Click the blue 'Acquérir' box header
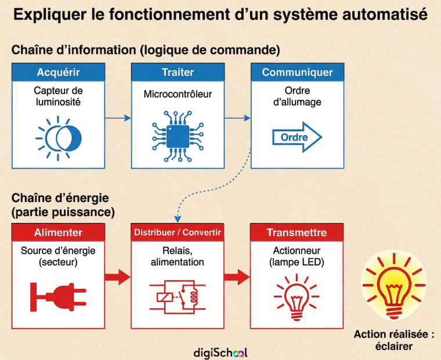tap(59, 73)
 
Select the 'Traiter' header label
tap(178, 73)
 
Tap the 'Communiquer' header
tap(297, 73)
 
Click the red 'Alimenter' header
tap(59, 233)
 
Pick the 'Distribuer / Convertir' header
tap(178, 233)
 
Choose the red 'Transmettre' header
tap(297, 233)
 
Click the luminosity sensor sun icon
tap(58, 138)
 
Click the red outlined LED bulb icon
tap(297, 295)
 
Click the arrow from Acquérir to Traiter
tap(118, 118)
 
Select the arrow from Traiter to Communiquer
tap(237, 118)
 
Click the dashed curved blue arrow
tap(215, 186)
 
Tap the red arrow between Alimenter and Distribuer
tap(118, 276)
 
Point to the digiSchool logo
tap(220, 352)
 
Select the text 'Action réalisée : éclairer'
tap(394, 340)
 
